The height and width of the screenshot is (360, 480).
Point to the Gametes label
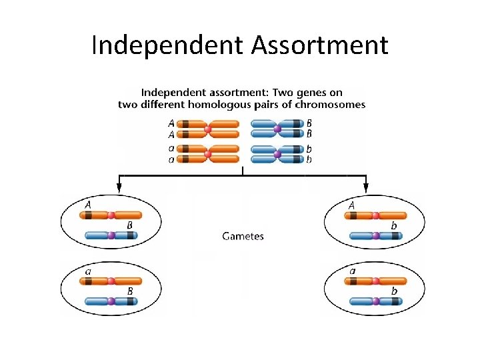click(x=243, y=236)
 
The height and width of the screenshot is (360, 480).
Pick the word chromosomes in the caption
click(x=332, y=104)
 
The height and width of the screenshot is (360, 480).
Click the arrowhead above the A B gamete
click(x=120, y=187)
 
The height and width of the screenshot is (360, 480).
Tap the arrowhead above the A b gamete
click(x=366, y=187)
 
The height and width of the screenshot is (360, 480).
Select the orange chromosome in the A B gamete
click(x=111, y=215)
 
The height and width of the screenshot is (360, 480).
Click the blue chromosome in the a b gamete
click(x=375, y=301)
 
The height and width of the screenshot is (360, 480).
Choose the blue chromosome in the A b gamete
click(x=375, y=235)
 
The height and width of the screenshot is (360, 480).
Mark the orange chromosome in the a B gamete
click(x=111, y=281)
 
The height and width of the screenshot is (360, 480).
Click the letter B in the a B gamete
click(x=129, y=291)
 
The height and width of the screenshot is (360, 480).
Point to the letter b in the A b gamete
click(x=394, y=226)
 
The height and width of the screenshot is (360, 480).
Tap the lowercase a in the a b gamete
click(x=353, y=271)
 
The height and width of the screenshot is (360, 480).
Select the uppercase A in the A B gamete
click(x=88, y=205)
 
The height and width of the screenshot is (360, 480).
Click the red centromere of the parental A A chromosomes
click(x=208, y=128)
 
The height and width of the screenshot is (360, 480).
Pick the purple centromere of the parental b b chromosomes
click(x=278, y=155)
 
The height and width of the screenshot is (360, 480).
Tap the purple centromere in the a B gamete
click(x=111, y=301)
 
